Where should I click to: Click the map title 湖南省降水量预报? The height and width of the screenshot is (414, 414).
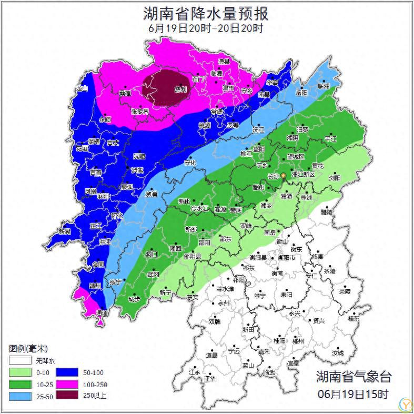pyautogui.click(x=206, y=13)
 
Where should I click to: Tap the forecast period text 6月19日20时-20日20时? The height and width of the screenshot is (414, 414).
pyautogui.click(x=206, y=28)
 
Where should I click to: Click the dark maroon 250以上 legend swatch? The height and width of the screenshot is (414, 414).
pyautogui.click(x=67, y=395)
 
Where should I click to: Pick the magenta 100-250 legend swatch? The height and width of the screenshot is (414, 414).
pyautogui.click(x=67, y=384)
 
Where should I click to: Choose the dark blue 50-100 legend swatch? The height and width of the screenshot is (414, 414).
pyautogui.click(x=67, y=373)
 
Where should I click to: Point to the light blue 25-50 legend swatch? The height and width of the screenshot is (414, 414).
pyautogui.click(x=19, y=396)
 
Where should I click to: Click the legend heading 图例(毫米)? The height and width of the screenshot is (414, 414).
pyautogui.click(x=28, y=349)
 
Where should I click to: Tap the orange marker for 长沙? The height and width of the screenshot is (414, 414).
pyautogui.click(x=284, y=175)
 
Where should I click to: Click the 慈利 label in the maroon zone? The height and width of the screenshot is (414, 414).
pyautogui.click(x=180, y=89)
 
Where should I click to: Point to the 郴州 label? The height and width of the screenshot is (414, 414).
pyautogui.click(x=298, y=341)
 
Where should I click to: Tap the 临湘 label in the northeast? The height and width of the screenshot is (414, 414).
pyautogui.click(x=323, y=86)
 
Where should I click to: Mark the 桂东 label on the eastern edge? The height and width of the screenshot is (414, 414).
pyautogui.click(x=354, y=318)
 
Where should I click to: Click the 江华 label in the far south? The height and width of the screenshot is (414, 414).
pyautogui.click(x=210, y=378)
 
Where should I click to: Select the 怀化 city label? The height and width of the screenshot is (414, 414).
pyautogui.click(x=117, y=215)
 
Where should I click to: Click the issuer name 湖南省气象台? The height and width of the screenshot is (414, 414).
pyautogui.click(x=354, y=377)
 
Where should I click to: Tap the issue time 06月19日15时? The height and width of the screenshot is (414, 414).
pyautogui.click(x=353, y=393)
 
